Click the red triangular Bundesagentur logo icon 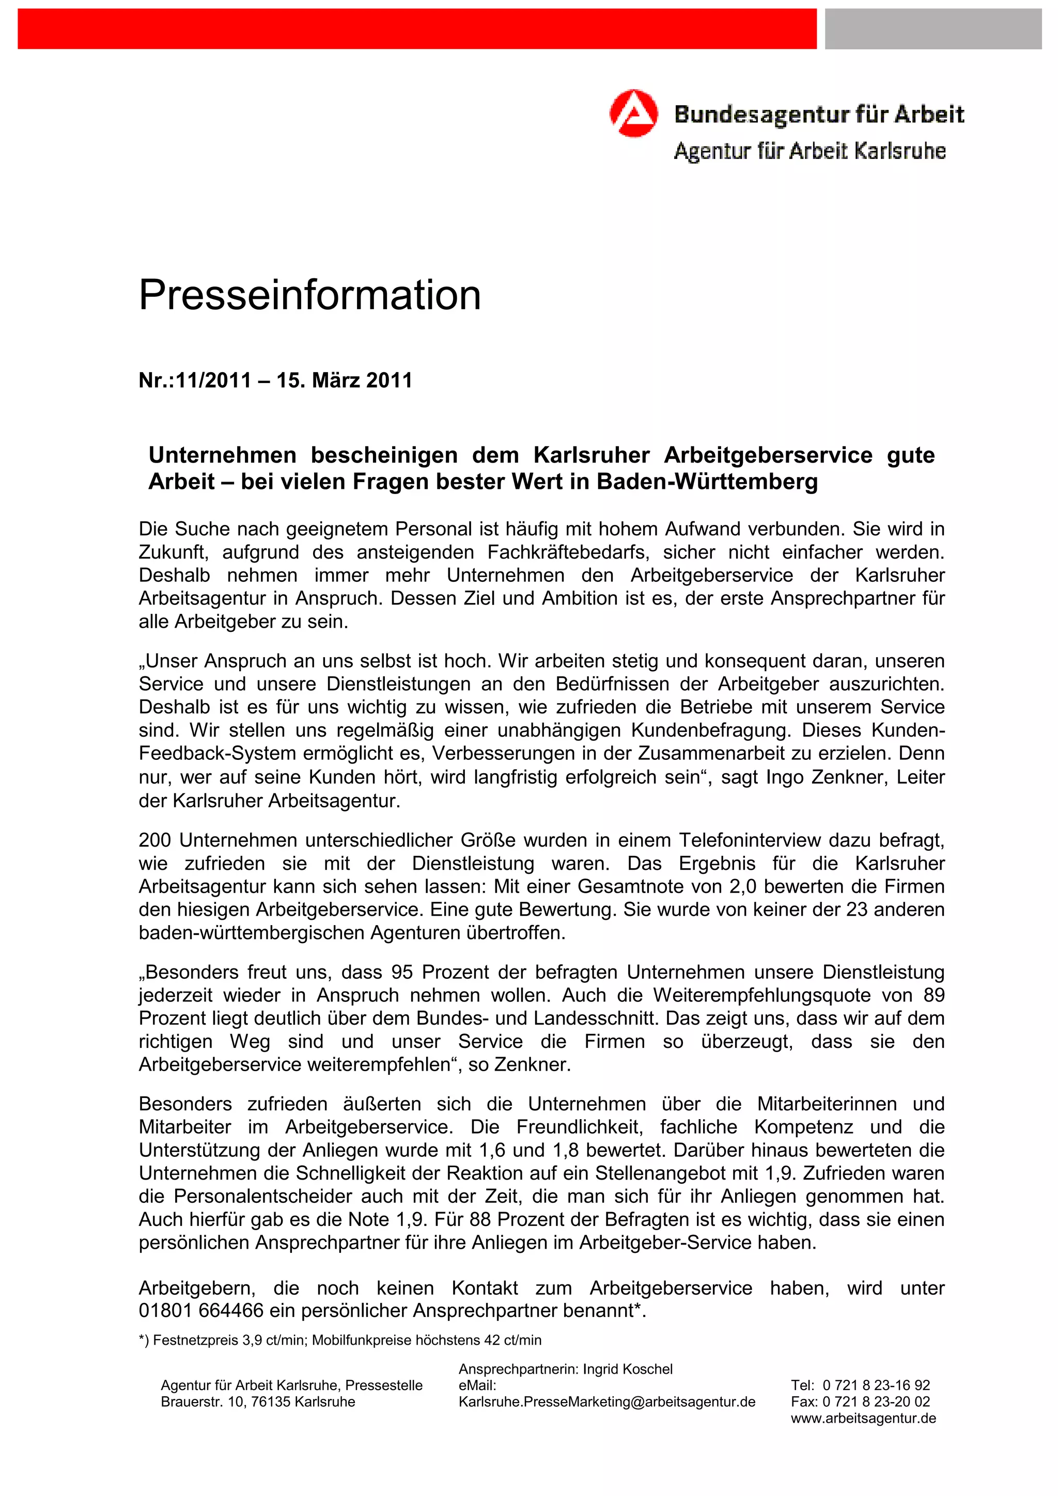633,114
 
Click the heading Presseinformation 309,295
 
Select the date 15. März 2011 344,380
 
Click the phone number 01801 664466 201,1310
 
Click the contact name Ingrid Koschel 627,1369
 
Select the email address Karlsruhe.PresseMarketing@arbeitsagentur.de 607,1402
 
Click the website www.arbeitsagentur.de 863,1418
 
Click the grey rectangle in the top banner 933,29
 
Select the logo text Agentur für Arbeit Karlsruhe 809,151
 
